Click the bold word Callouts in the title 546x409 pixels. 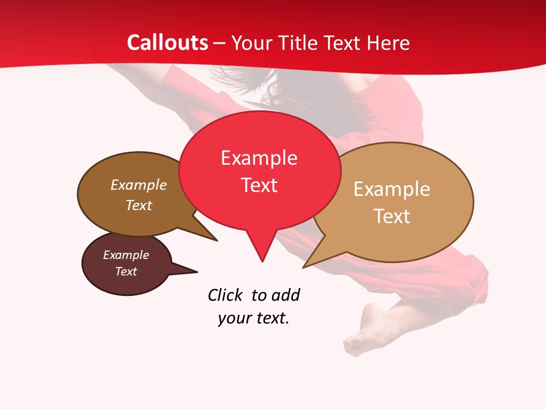pyautogui.click(x=167, y=43)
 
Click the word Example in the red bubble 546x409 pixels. pyautogui.click(x=259, y=158)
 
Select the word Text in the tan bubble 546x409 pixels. pyautogui.click(x=392, y=216)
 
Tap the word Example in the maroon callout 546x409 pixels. pyautogui.click(x=126, y=255)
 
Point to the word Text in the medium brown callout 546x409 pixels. pyautogui.click(x=139, y=205)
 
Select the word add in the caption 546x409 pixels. pyautogui.click(x=286, y=295)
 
